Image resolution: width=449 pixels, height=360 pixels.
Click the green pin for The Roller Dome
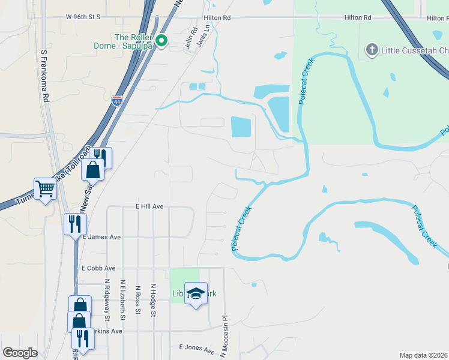coord(161,41)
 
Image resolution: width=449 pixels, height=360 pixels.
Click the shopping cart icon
coord(45,189)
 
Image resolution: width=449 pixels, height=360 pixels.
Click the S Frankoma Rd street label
coord(44,75)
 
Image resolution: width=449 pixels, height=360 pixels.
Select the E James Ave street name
coord(101,237)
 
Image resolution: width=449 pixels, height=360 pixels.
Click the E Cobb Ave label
coord(98,268)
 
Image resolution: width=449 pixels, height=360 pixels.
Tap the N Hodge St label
coord(153,299)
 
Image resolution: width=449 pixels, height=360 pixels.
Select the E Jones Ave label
coord(196,347)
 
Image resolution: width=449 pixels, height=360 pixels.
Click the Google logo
coord(20,353)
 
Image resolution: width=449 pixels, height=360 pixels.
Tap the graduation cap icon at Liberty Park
coord(196,293)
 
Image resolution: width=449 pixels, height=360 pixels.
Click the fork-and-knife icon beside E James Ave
coord(75,224)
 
